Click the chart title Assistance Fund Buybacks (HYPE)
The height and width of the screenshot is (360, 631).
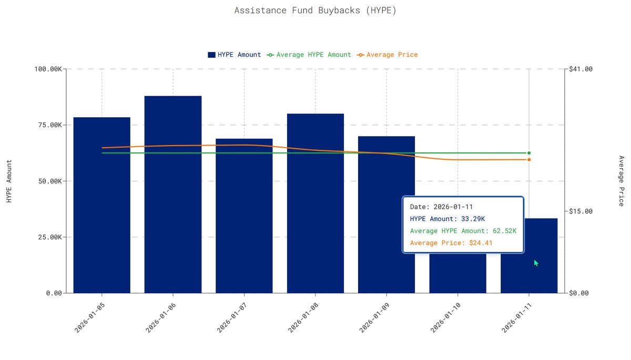(x=315, y=10)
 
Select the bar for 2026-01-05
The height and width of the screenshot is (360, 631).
(x=101, y=205)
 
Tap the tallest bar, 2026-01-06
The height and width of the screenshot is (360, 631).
(x=173, y=194)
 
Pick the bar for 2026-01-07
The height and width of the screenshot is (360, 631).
(x=244, y=215)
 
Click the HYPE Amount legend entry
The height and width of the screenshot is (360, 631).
(x=234, y=55)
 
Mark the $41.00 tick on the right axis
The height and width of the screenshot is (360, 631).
(x=581, y=69)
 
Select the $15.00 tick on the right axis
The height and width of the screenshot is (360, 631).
(x=581, y=211)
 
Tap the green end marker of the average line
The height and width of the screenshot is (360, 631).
(x=529, y=153)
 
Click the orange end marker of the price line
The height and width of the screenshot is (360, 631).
(x=529, y=159)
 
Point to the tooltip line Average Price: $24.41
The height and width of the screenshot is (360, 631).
(x=451, y=243)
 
